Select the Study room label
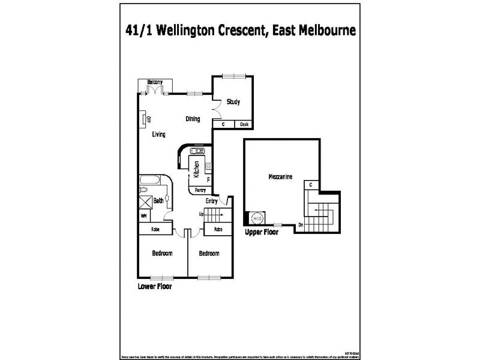(233, 102)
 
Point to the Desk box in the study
(244, 124)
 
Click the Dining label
(193, 119)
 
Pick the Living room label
(158, 134)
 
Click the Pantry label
(200, 190)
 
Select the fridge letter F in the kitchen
(208, 179)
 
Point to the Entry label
(212, 201)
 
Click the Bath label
(158, 201)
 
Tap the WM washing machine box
(144, 215)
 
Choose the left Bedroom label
(161, 253)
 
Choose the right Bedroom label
(209, 253)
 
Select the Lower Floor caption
(155, 287)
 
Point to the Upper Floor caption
(262, 232)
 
